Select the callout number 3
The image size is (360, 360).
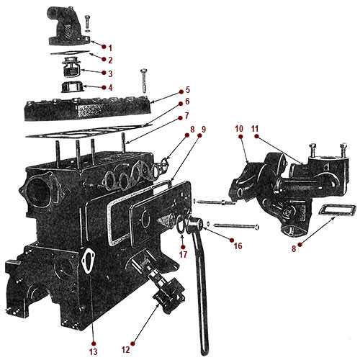point(111,73)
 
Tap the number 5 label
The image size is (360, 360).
point(186,91)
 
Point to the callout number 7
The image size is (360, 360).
point(186,115)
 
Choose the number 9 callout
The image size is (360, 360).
point(203,130)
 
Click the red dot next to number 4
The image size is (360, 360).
point(101,88)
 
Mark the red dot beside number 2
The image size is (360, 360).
point(102,59)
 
